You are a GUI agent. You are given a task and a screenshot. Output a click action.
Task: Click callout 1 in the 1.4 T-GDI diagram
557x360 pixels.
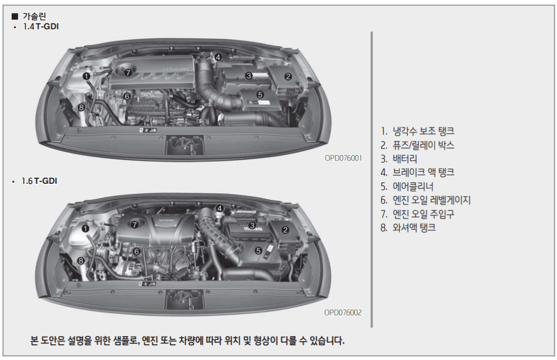click(x=86, y=76)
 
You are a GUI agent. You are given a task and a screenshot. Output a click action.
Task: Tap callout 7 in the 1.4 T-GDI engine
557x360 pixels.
click(x=128, y=73)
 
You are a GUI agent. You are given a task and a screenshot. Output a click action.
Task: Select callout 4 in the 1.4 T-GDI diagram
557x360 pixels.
click(x=218, y=57)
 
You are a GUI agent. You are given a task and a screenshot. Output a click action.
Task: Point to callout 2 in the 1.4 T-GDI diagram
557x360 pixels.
click(x=288, y=76)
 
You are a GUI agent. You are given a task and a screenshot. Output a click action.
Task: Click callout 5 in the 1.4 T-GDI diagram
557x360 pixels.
click(x=260, y=95)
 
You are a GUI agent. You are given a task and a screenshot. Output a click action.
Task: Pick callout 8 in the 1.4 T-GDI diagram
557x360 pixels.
click(x=82, y=107)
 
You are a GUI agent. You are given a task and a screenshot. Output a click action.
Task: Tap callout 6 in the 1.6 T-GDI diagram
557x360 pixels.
click(x=137, y=251)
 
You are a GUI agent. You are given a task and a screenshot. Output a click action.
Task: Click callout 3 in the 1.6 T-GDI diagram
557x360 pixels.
click(x=252, y=226)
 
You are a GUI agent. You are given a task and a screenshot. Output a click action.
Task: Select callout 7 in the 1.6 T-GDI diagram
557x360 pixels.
click(x=134, y=225)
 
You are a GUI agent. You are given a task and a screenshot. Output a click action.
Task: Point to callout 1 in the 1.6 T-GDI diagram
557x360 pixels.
click(x=85, y=229)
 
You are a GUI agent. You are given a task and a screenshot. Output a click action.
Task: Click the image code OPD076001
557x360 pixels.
click(x=343, y=158)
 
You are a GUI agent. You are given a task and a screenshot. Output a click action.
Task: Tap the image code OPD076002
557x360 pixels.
click(x=343, y=313)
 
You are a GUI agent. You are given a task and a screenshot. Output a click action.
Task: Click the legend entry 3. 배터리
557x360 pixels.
click(x=399, y=159)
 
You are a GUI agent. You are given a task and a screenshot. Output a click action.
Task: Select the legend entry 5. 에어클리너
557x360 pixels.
click(x=407, y=187)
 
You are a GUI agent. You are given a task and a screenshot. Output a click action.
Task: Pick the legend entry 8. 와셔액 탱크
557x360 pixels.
click(x=408, y=227)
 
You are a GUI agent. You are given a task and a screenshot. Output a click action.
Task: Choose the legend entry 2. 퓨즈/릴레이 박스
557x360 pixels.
click(x=417, y=145)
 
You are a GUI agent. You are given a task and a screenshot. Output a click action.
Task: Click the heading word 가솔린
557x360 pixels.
click(x=34, y=16)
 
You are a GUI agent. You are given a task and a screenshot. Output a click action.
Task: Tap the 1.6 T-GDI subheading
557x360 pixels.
click(x=39, y=181)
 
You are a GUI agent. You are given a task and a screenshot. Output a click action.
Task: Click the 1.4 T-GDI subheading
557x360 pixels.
click(x=40, y=27)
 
